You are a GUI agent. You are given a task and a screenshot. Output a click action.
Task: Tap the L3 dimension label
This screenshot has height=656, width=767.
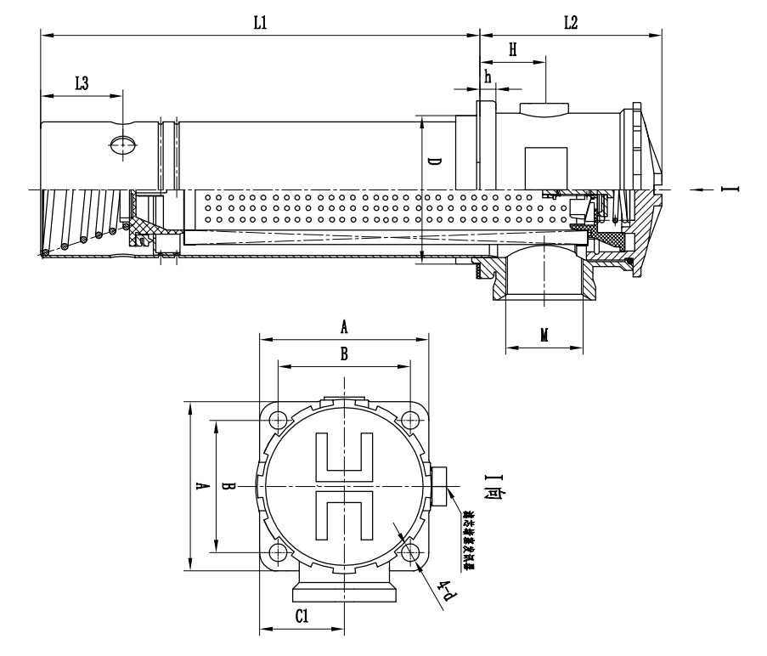(x=82, y=82)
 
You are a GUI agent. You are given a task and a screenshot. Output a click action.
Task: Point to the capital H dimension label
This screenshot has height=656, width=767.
(x=512, y=50)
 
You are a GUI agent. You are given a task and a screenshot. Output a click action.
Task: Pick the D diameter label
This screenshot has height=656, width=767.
(x=433, y=162)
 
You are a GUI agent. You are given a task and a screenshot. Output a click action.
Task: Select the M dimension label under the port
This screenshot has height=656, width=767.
(x=544, y=335)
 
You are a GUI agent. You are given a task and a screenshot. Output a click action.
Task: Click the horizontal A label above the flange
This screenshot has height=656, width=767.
(x=344, y=325)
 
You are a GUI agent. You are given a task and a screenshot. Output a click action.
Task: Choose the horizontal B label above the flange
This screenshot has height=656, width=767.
(x=344, y=355)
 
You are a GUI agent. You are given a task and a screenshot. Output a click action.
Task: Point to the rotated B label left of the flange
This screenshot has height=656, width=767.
(x=226, y=486)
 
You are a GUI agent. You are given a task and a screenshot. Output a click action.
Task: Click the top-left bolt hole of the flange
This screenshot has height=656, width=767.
(x=279, y=419)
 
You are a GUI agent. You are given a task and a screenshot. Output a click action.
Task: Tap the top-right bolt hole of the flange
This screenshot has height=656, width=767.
(x=411, y=419)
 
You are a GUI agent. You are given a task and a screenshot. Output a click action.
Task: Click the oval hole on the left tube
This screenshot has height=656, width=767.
(x=122, y=144)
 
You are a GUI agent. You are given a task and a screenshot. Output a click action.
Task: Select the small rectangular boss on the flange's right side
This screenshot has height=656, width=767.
(x=438, y=486)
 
